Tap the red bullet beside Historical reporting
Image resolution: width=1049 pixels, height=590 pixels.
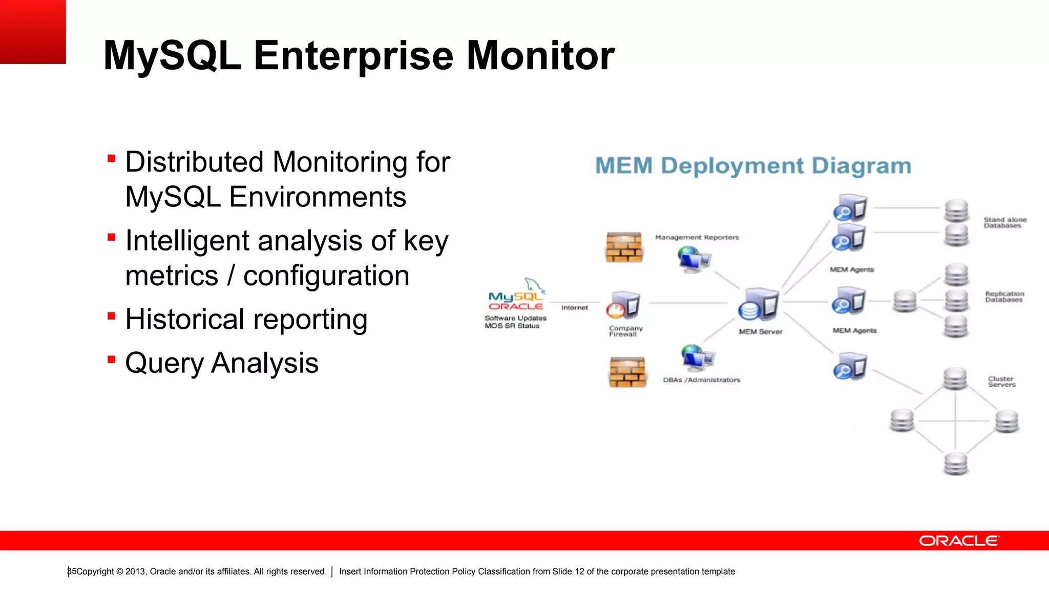point(111,316)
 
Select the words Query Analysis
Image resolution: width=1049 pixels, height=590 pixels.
point(222,363)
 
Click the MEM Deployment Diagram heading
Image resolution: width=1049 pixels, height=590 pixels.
point(753,166)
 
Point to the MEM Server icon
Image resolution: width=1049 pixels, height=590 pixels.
point(759,304)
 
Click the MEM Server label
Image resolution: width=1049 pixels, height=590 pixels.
point(760,332)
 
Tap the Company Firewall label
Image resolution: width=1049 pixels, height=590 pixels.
point(625,331)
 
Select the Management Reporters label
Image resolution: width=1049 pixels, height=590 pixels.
point(697,237)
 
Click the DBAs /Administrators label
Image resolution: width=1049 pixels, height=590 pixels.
point(701,380)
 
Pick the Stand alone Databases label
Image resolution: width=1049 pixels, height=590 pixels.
point(1004,222)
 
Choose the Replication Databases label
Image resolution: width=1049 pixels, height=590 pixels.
point(1004,297)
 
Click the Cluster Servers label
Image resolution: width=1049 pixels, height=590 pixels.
point(1001,382)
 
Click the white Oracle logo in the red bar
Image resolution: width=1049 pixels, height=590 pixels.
point(958,541)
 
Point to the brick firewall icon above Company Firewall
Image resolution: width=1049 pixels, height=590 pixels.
point(623,247)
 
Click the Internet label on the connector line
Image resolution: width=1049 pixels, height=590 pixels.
point(574,307)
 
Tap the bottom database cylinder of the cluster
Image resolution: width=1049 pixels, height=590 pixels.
point(955,463)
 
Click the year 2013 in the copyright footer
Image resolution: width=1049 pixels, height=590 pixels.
point(135,572)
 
